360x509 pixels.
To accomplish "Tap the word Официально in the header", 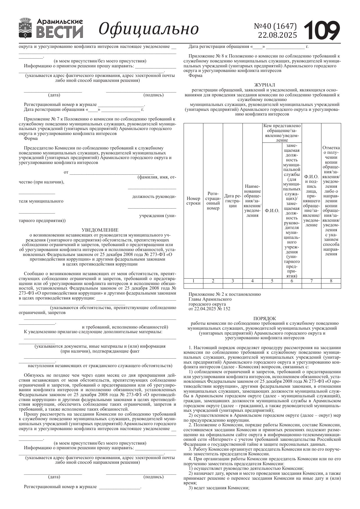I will point(149,29).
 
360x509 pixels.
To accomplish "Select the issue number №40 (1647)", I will point(275,26).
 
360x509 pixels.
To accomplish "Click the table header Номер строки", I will point(193,201).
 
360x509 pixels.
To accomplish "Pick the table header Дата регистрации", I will point(233,201).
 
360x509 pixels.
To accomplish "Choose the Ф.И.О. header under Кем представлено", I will point(272,211).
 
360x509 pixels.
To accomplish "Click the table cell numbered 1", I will point(193,281).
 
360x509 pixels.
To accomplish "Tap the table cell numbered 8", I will point(331,281).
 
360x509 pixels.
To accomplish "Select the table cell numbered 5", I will point(272,281).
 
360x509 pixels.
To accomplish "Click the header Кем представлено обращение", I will point(282,133).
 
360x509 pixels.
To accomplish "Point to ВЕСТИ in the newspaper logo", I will point(60,32).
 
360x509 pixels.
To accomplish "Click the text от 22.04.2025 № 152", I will point(209,309).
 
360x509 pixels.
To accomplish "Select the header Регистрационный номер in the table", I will point(213,201).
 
